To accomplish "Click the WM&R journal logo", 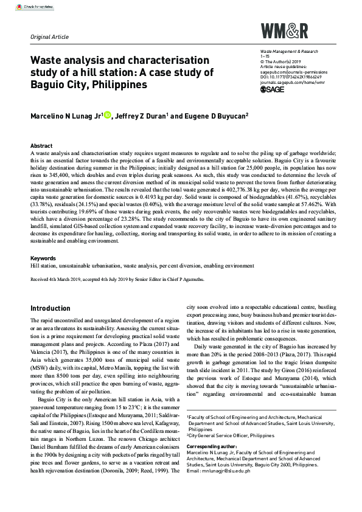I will (x=284, y=30).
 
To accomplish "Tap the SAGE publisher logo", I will (x=273, y=89).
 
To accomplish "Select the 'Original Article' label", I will (x=49, y=36).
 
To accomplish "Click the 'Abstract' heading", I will (x=41, y=146).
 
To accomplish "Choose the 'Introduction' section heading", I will (x=50, y=308).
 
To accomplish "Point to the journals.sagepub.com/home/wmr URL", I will (x=293, y=83).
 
